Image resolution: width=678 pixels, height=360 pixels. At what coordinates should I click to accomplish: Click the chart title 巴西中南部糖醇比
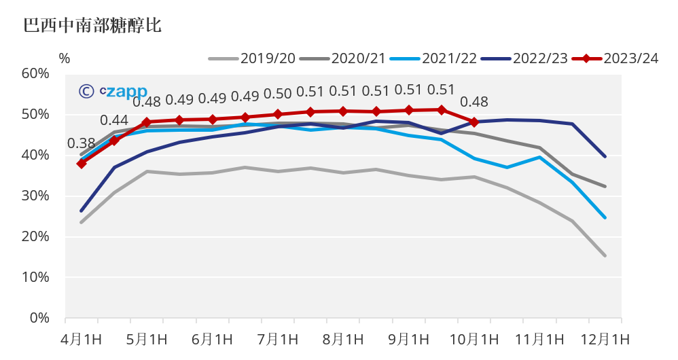92,26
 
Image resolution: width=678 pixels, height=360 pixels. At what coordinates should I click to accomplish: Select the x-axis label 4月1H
80,339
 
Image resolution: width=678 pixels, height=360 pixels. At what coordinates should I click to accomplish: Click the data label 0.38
81,143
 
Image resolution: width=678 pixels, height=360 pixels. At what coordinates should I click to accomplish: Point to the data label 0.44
114,120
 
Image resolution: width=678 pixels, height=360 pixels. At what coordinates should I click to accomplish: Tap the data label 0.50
277,94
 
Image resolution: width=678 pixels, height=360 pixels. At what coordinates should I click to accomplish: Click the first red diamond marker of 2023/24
82,163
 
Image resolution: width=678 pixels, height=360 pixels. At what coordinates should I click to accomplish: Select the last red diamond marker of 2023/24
474,122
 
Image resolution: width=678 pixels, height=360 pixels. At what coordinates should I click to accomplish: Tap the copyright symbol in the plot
86,92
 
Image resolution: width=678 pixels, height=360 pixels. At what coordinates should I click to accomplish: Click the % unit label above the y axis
65,58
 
